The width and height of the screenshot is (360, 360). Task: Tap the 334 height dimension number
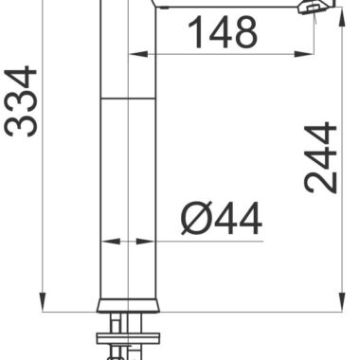click(x=21, y=101)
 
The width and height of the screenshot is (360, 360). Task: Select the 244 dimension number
click(x=320, y=157)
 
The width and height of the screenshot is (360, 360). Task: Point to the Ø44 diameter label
click(x=222, y=219)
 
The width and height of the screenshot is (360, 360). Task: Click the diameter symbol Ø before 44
click(x=196, y=219)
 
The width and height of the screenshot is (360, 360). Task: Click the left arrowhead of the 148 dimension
click(x=138, y=54)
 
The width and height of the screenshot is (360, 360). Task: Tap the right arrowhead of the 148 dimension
click(x=305, y=54)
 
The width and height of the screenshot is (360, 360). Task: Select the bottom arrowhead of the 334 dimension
click(x=43, y=302)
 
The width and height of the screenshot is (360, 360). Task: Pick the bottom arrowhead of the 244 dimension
click(x=342, y=302)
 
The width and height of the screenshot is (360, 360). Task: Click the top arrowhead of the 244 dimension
click(x=342, y=16)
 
